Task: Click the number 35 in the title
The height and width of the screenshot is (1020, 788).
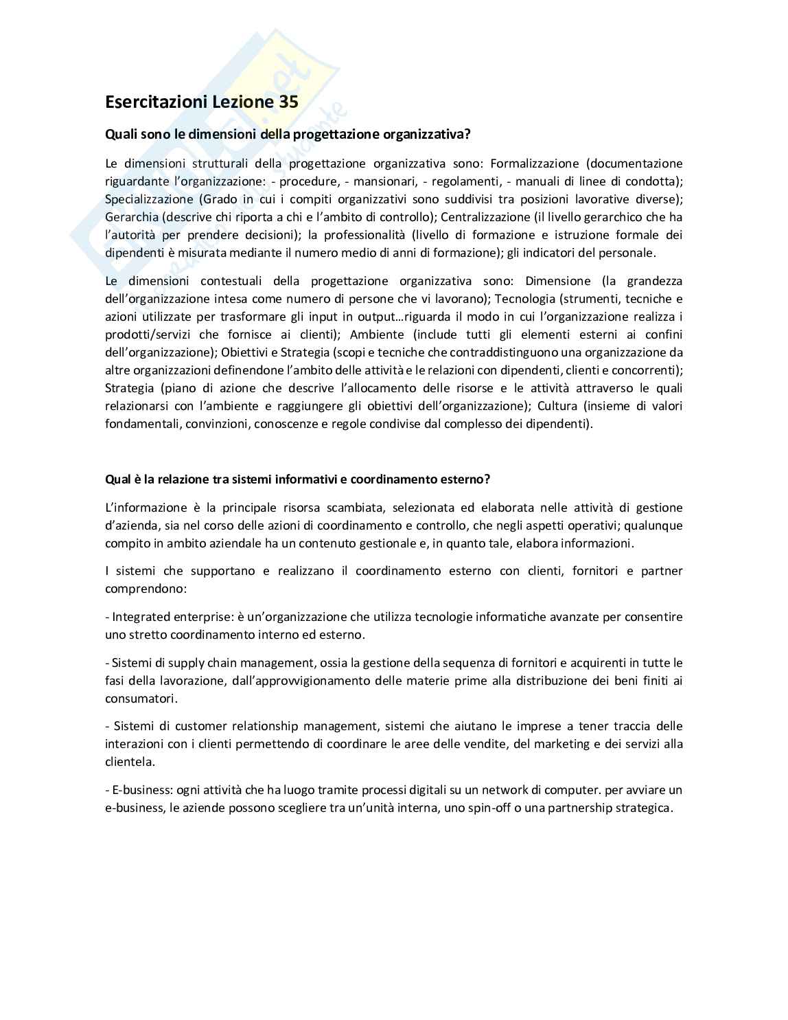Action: point(288,102)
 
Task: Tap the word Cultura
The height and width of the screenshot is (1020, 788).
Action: point(559,406)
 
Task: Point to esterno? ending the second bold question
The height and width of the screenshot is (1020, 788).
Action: point(468,479)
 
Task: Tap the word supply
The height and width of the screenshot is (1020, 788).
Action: point(185,663)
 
